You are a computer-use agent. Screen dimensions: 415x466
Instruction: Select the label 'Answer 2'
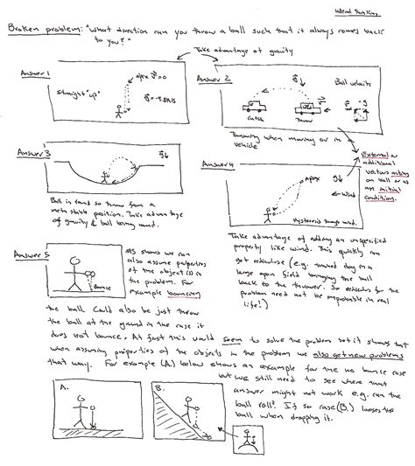point(214,80)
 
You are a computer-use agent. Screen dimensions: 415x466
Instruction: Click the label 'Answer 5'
point(32,254)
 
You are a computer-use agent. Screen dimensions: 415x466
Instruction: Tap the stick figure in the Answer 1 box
point(119,111)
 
